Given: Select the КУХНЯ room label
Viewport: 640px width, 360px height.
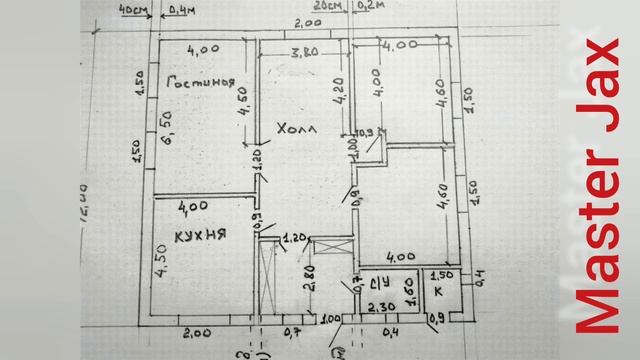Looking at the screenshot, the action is point(199,235).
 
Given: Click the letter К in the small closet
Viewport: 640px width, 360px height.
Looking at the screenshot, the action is point(436,291).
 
